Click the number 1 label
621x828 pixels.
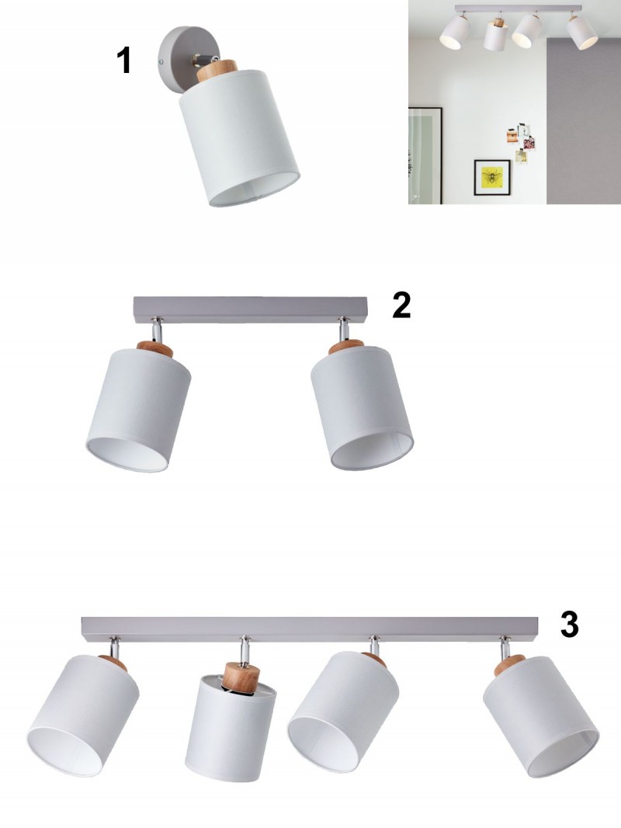point(123,61)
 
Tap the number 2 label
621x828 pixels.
point(401,305)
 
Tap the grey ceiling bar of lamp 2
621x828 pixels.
point(250,310)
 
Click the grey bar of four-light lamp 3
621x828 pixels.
point(310,629)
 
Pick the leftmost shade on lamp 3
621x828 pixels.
point(83,715)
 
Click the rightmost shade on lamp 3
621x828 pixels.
point(541,716)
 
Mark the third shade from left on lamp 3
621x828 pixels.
point(343,712)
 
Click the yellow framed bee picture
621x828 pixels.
point(492,178)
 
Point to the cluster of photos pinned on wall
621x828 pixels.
point(521,142)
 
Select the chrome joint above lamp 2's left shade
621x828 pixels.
point(156,330)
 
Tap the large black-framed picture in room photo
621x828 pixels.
point(425,155)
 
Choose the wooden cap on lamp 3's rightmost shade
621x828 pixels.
point(509,665)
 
